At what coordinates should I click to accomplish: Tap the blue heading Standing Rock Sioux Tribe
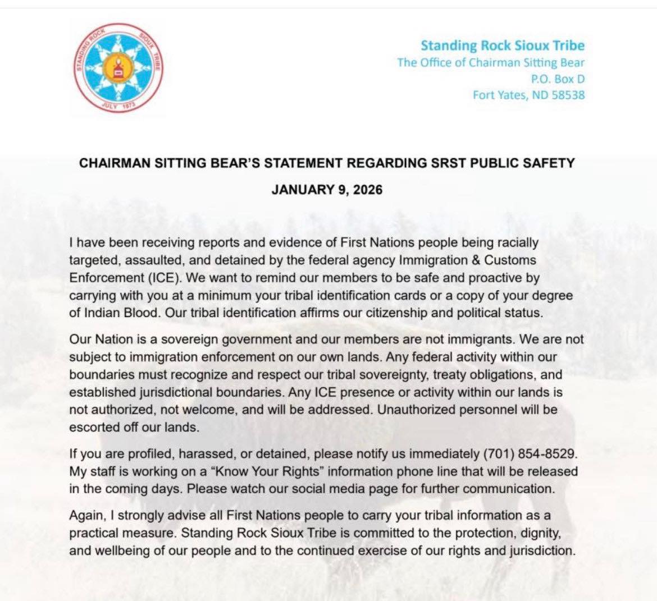tap(503, 45)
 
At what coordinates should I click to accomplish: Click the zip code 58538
tap(568, 95)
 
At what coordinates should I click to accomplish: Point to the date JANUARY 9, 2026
tap(327, 190)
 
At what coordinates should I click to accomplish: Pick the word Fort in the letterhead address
tap(484, 95)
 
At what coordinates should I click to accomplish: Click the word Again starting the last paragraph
tap(86, 515)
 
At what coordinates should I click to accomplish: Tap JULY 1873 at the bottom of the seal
tap(120, 104)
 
